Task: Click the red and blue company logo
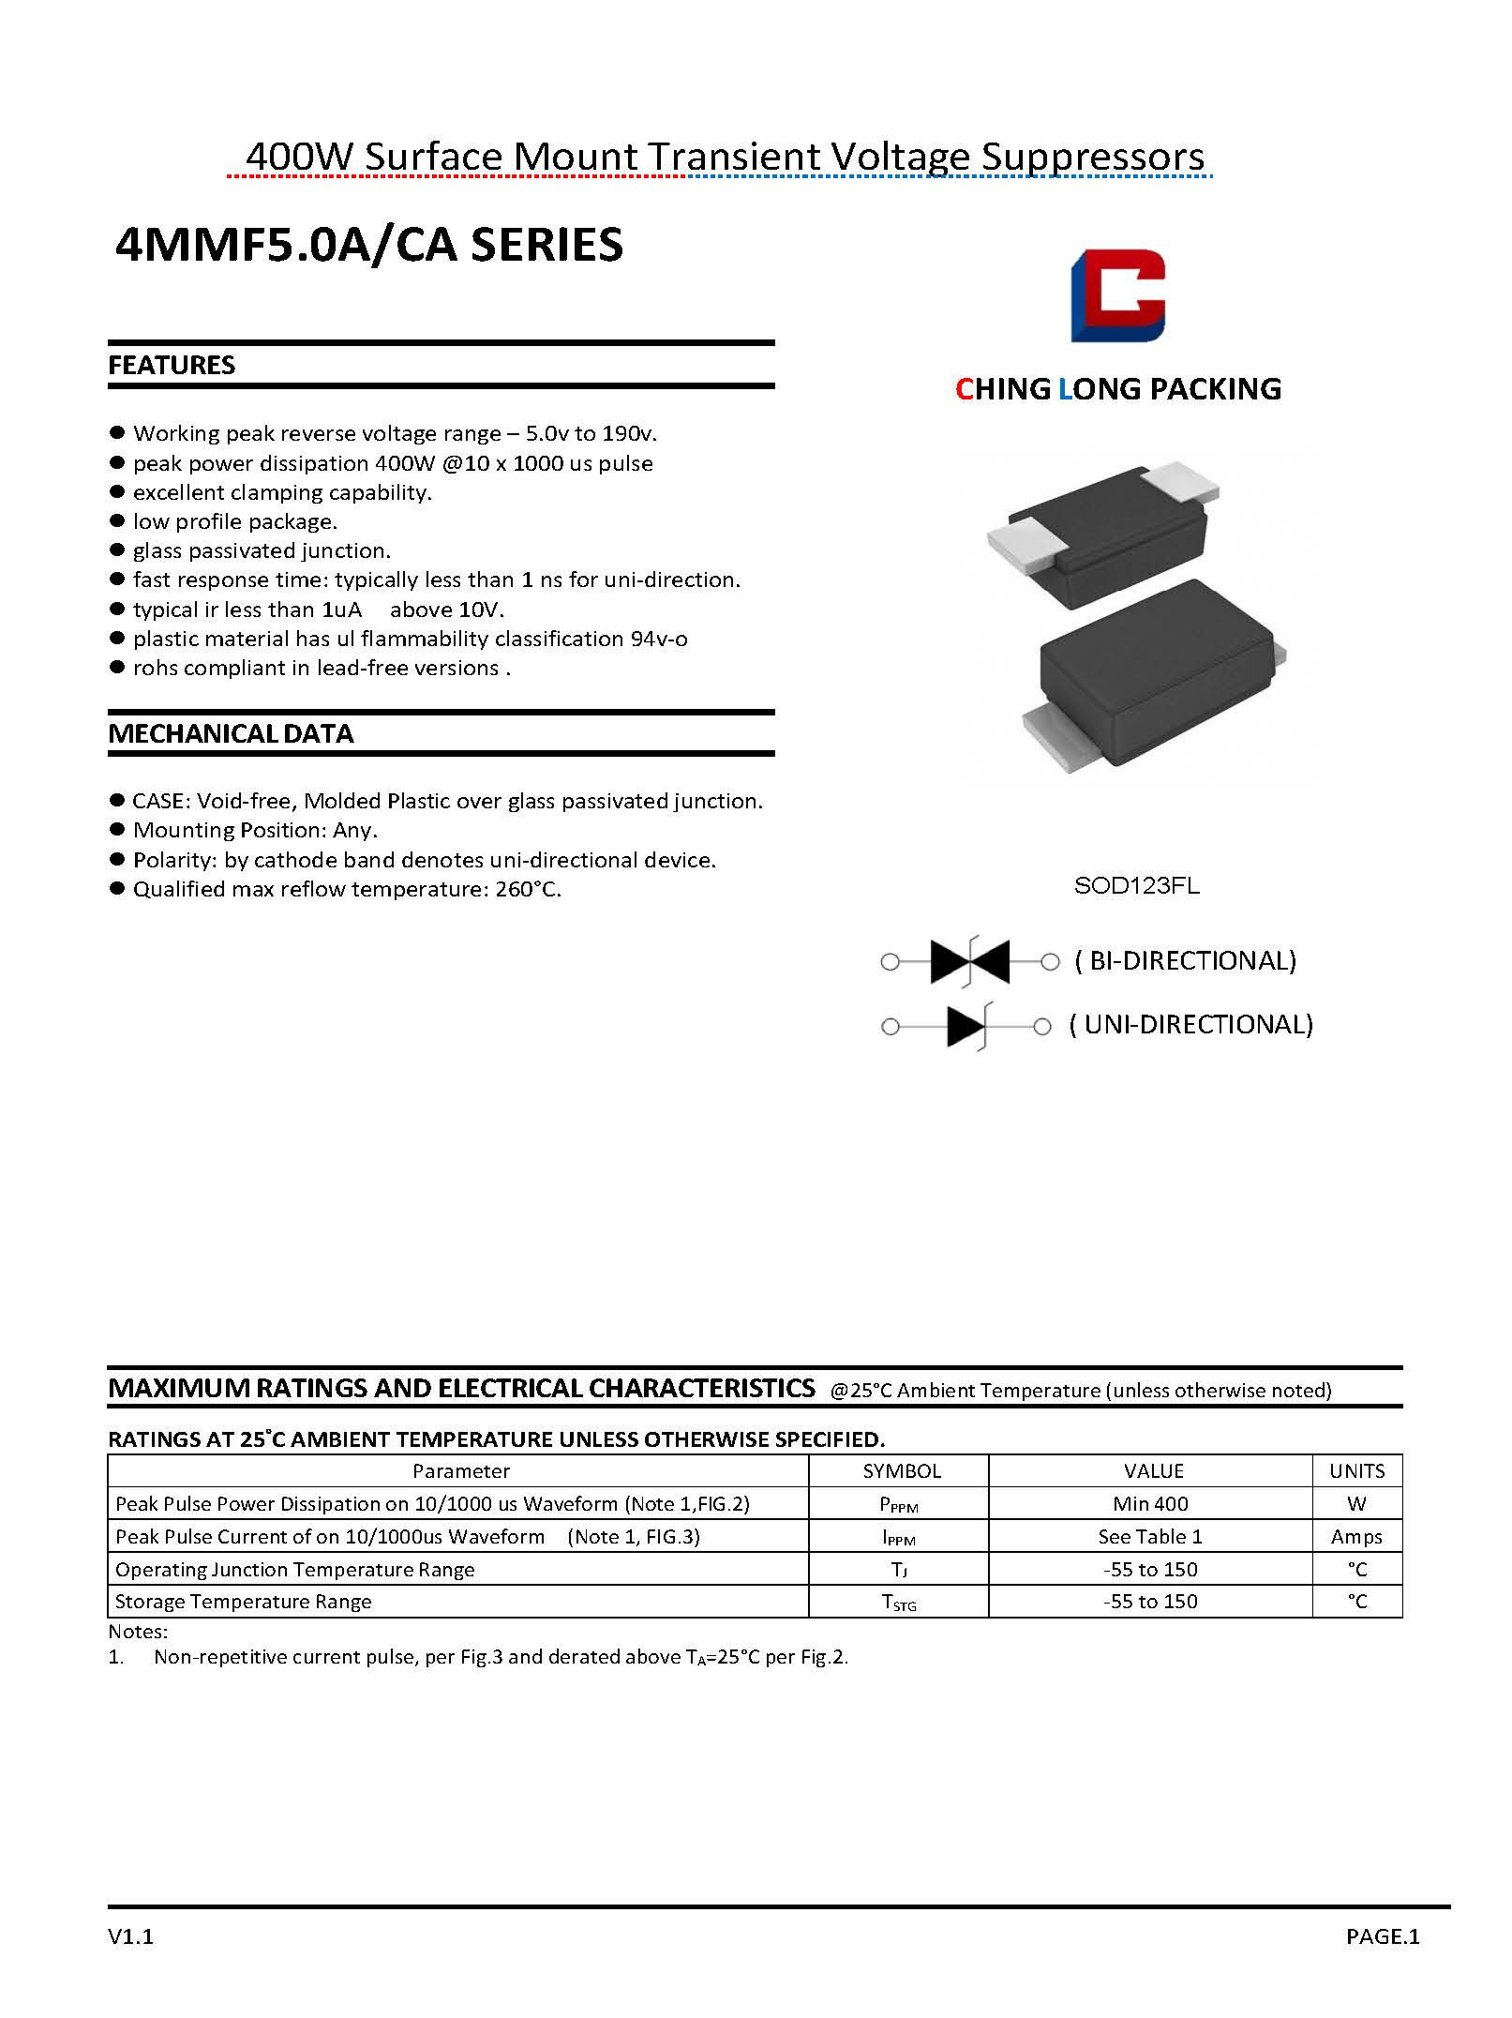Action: [x=1117, y=295]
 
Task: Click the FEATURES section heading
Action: [x=172, y=365]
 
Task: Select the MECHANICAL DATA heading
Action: [x=231, y=733]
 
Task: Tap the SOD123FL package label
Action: [x=1136, y=886]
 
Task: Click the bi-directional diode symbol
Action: [x=969, y=961]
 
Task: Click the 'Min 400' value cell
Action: [x=1150, y=1504]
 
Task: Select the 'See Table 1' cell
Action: [x=1150, y=1537]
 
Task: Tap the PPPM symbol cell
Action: [x=899, y=1505]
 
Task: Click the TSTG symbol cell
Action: [x=899, y=1603]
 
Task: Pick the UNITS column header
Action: [x=1356, y=1471]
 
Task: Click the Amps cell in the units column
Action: [x=1356, y=1537]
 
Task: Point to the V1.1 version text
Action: [x=130, y=1937]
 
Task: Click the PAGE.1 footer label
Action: [x=1383, y=1937]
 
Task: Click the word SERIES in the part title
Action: [x=546, y=245]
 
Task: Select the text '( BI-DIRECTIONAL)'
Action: [x=1186, y=960]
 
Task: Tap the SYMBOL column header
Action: [x=902, y=1471]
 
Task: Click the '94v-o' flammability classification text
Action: [x=659, y=639]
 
